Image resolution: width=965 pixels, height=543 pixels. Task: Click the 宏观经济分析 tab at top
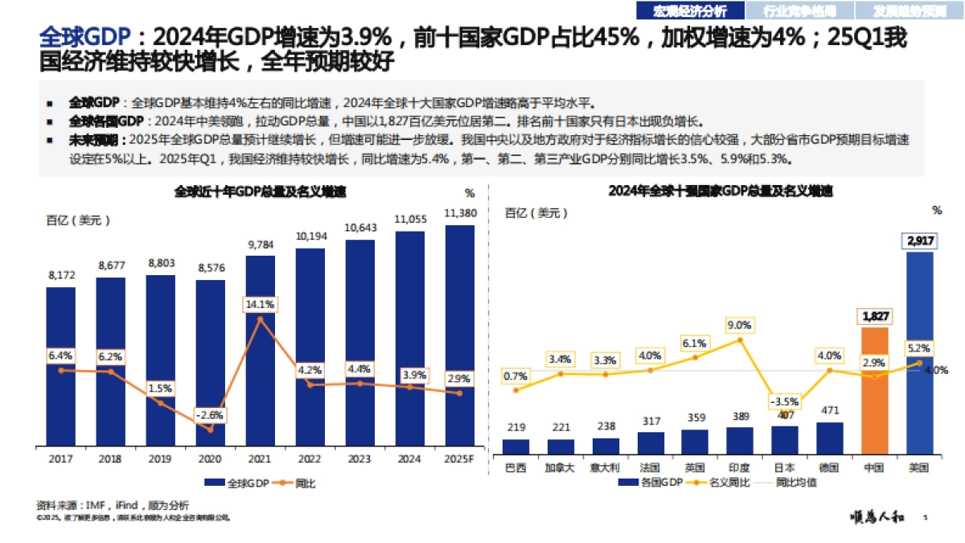[689, 10]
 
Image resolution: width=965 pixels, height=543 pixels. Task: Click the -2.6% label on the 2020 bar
[210, 415]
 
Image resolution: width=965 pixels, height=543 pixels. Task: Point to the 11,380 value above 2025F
[460, 213]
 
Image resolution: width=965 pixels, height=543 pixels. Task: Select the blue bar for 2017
[60, 366]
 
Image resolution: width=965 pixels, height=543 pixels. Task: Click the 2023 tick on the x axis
[359, 460]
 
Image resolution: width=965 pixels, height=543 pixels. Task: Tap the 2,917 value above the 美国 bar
[920, 240]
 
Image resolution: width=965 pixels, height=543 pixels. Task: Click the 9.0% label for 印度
[739, 325]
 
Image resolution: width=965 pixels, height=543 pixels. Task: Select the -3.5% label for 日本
[784, 401]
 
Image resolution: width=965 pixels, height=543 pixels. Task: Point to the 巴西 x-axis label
[515, 467]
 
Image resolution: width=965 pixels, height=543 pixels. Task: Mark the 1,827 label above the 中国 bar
[875, 315]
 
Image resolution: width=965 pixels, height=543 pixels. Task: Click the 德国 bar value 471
[829, 410]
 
